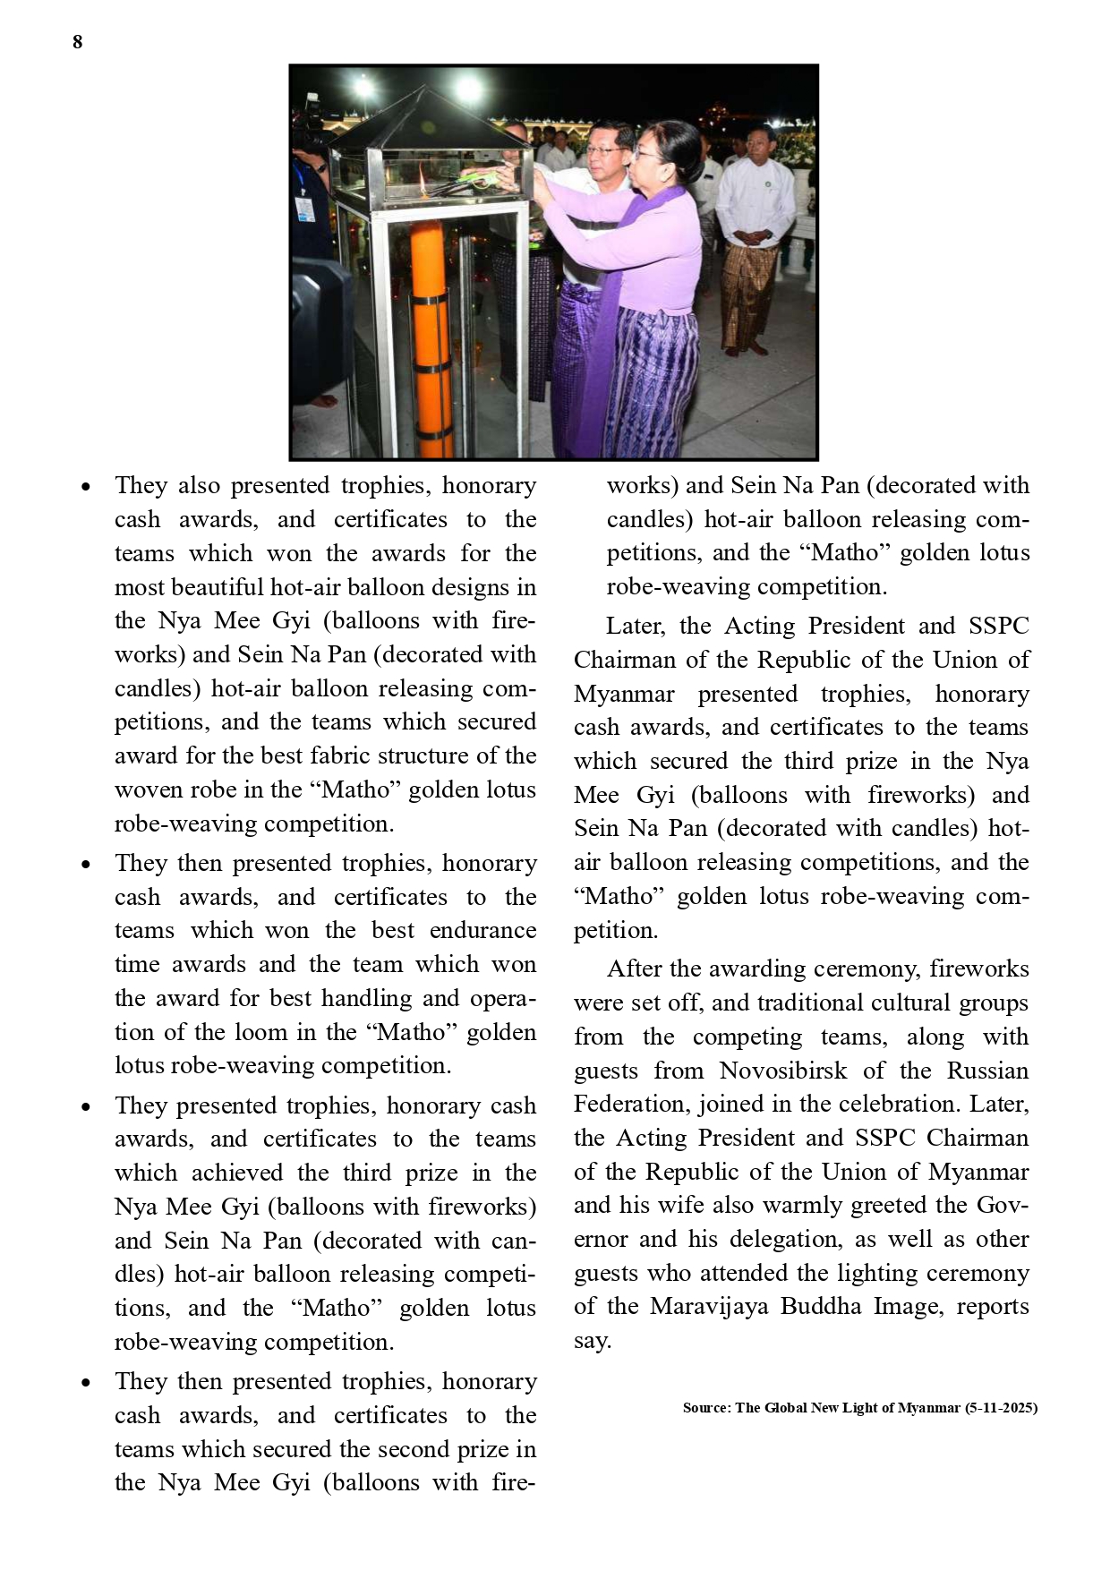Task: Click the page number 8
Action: pos(78,42)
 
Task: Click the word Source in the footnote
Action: pos(706,1408)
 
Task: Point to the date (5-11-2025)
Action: pos(1001,1408)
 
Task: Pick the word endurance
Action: pos(482,930)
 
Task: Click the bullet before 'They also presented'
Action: pos(86,488)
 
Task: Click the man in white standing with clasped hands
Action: pos(755,233)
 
